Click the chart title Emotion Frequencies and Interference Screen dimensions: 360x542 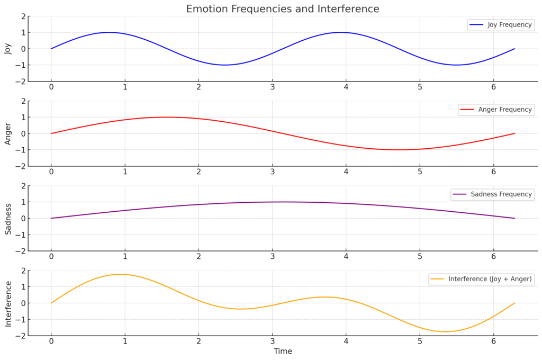[x=283, y=9]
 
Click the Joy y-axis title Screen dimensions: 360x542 [x=8, y=49]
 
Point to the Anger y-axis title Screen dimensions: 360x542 [x=8, y=133]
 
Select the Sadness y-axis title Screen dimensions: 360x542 [x=8, y=218]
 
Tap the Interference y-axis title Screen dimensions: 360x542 [x=8, y=303]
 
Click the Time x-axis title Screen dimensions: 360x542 [x=283, y=351]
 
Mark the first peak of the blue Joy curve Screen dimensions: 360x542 [x=109, y=32]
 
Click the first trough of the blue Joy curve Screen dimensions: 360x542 [x=225, y=65]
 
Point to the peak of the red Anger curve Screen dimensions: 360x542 [x=167, y=117]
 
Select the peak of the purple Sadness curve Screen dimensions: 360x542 [x=283, y=202]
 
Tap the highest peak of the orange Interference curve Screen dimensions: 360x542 [x=121, y=274]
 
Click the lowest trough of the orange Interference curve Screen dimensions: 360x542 [x=445, y=332]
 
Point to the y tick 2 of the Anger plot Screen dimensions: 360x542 [x=23, y=101]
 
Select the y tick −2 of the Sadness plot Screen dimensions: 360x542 [x=21, y=251]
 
